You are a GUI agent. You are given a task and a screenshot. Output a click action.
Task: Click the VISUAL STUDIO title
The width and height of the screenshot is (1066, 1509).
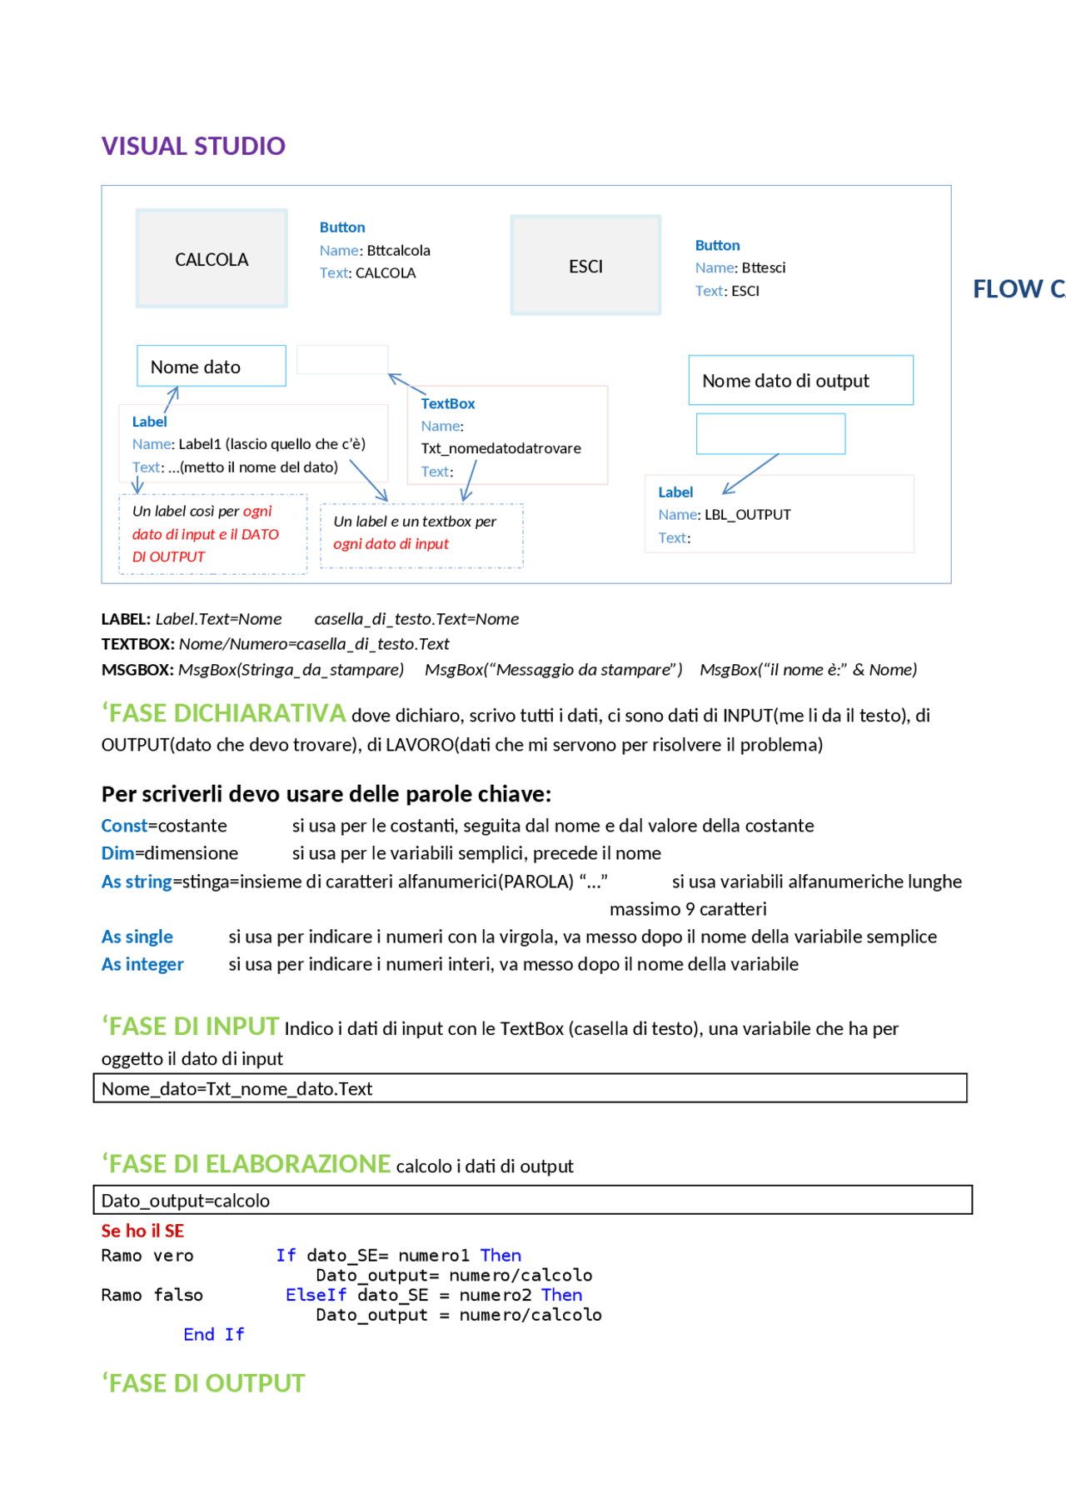193,146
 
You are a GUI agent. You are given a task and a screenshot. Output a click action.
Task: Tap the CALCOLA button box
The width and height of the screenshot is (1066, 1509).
212,259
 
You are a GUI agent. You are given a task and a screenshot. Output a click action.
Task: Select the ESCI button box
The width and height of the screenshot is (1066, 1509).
585,266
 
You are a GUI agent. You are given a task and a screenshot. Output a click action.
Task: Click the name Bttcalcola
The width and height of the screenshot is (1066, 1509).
398,250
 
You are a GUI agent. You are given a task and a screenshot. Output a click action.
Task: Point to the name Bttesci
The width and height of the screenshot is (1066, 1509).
763,267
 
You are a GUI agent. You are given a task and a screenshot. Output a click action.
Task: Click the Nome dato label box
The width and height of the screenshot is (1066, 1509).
211,367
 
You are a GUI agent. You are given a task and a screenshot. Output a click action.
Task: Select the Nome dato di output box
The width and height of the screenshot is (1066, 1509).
799,381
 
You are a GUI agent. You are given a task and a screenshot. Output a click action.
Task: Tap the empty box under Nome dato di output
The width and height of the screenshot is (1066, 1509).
770,433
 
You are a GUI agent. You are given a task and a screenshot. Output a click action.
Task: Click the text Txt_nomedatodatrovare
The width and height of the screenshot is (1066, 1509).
501,448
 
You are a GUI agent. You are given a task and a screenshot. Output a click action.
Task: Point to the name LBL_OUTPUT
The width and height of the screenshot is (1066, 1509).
747,515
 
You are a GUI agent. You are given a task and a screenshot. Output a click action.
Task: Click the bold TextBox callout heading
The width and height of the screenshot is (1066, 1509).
448,403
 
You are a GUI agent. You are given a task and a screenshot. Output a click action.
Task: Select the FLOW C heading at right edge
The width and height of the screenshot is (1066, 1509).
1018,289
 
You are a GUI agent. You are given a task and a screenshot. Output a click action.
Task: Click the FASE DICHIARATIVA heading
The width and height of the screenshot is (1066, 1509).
223,713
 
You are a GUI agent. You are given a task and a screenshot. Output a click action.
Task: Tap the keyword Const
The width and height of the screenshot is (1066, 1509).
124,826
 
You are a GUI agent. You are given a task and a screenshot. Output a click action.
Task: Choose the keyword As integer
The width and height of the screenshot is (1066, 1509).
142,964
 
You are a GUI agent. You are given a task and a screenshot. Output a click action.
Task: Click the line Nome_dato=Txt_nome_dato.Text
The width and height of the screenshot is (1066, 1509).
237,1088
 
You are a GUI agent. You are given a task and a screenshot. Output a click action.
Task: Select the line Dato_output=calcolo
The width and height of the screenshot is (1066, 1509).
186,1201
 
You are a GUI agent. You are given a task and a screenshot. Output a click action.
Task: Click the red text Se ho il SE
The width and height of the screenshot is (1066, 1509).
142,1231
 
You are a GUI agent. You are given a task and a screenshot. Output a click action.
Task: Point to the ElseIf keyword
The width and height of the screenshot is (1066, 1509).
316,1295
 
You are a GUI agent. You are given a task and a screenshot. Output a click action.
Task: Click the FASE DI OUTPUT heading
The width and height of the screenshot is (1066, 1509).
203,1383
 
